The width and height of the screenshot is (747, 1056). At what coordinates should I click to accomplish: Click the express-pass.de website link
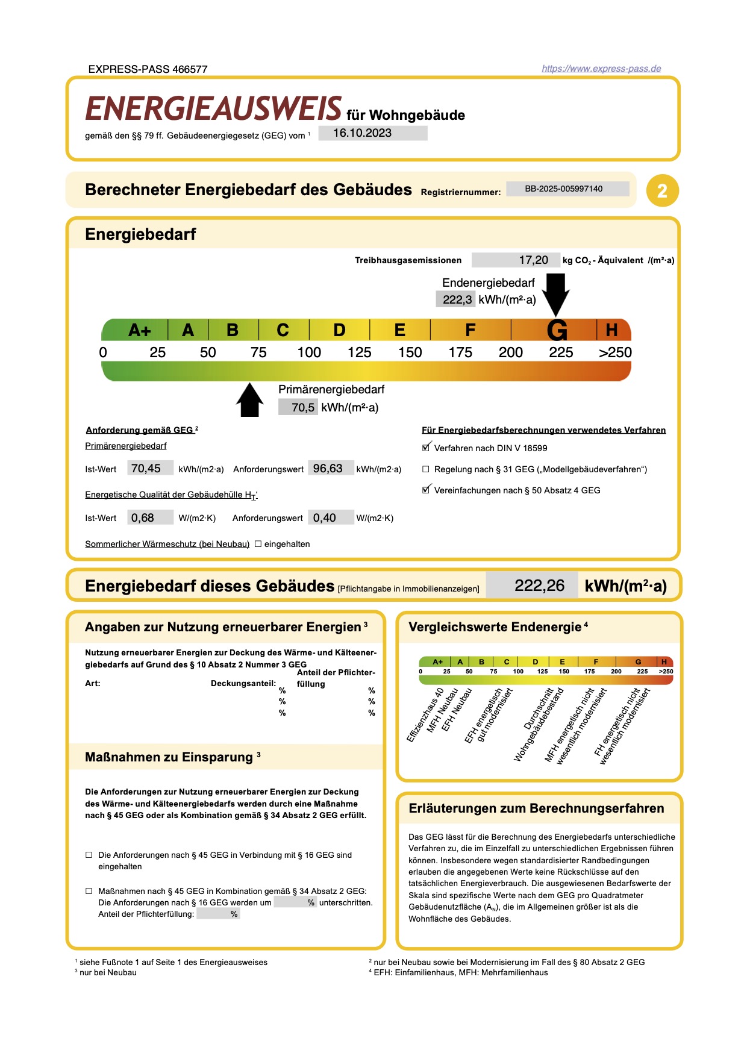point(601,69)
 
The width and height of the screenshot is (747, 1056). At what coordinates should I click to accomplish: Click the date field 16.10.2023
point(372,133)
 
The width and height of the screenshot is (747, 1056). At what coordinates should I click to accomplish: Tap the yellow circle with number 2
point(662,191)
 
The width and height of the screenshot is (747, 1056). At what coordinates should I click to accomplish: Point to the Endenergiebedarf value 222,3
point(457,299)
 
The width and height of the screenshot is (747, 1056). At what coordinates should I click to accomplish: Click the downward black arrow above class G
point(555,293)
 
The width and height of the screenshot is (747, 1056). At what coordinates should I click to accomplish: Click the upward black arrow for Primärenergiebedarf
point(250,401)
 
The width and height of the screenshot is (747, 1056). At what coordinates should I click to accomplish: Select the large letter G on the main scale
point(557,331)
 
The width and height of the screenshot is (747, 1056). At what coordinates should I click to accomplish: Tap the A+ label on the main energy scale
point(140,331)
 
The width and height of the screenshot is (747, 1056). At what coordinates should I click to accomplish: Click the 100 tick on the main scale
point(309,352)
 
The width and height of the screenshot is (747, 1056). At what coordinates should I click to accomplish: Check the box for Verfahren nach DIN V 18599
point(426,448)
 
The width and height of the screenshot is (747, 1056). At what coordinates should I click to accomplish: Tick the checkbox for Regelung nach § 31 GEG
point(426,469)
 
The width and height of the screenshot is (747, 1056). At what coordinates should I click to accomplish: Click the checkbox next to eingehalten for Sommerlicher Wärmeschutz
point(258,544)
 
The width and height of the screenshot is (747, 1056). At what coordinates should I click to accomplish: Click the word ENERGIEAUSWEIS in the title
point(214,110)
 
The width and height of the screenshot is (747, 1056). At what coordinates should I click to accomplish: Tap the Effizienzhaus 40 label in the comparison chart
point(425,715)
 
